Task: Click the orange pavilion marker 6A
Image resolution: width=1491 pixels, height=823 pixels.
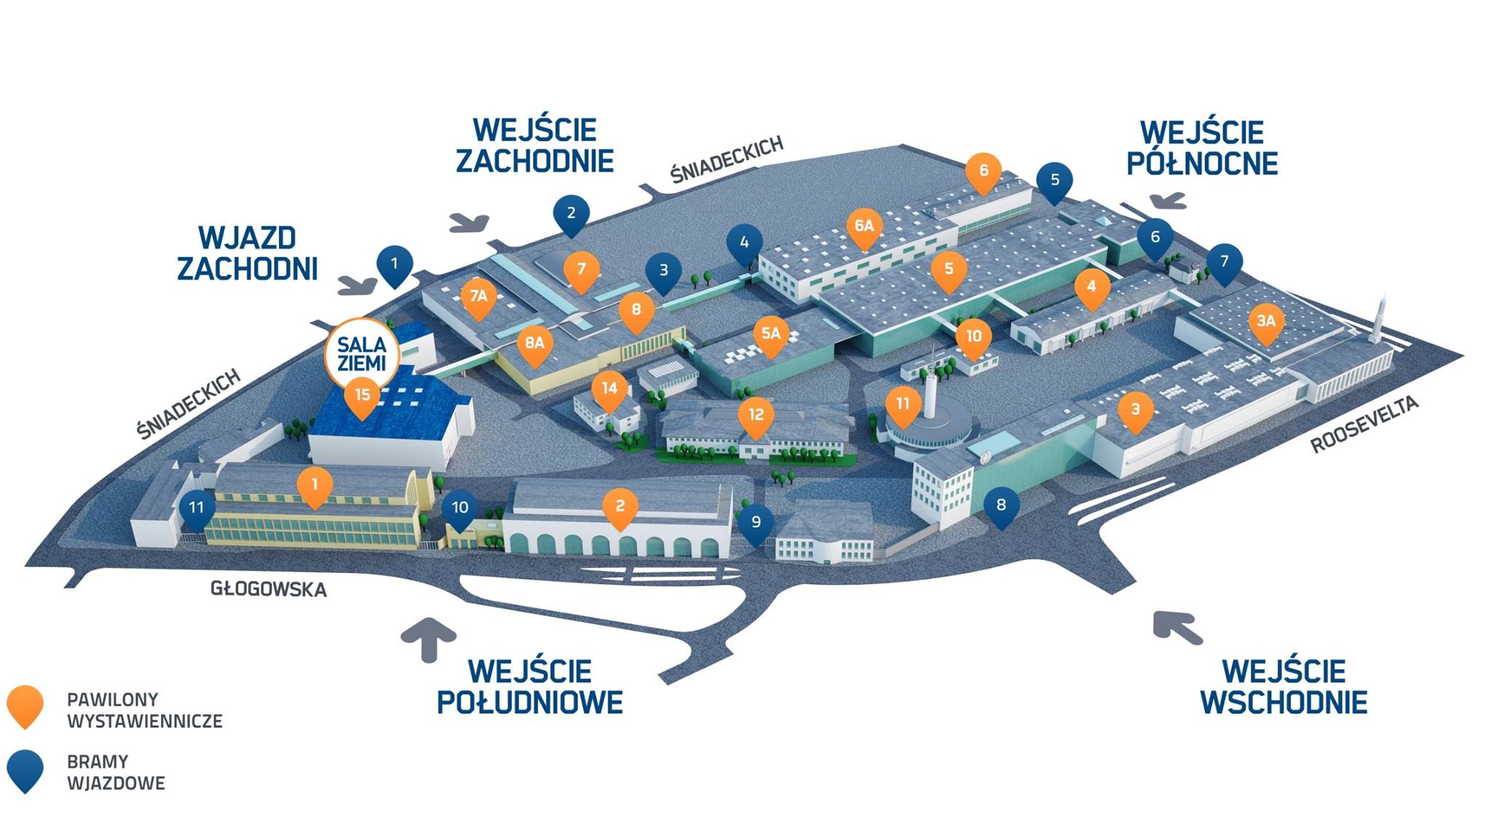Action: coord(864,227)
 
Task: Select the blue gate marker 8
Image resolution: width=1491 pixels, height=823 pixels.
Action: coord(1001,505)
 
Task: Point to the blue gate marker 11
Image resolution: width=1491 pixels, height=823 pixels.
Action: coord(196,507)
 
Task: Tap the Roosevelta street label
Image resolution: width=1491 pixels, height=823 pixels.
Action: coord(1364,425)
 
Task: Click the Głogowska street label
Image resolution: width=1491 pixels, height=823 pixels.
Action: coord(268,588)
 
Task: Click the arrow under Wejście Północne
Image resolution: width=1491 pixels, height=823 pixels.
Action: coord(1168,200)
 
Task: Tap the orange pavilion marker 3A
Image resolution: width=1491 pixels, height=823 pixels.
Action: coord(1266,321)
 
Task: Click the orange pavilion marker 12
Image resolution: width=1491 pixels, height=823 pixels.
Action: coord(756,415)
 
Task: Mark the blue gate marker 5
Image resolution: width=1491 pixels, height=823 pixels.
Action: coord(1055,180)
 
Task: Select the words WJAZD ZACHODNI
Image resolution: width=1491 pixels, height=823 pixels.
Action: coord(248,253)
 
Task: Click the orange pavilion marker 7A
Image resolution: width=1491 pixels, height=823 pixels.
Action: coord(478,296)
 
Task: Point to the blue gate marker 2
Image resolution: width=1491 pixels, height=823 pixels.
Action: coord(571,213)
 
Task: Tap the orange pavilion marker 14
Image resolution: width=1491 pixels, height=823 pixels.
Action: coord(609,389)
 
